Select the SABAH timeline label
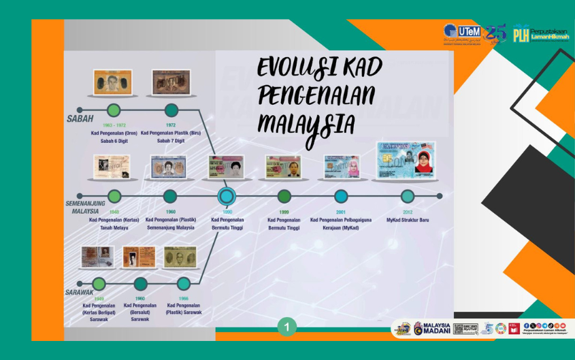click(80, 118)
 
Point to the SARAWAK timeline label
click(79, 292)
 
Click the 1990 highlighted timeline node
click(226, 196)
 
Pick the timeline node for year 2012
click(407, 196)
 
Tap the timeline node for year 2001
click(341, 196)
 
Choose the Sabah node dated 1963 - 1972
click(114, 110)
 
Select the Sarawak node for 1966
click(183, 284)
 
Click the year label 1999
click(284, 211)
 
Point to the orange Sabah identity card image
click(113, 82)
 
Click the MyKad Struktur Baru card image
click(406, 161)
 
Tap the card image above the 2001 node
click(341, 167)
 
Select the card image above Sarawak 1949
click(97, 257)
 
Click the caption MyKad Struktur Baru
click(407, 220)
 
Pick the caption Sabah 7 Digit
click(171, 141)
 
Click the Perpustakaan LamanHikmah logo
click(541, 33)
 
